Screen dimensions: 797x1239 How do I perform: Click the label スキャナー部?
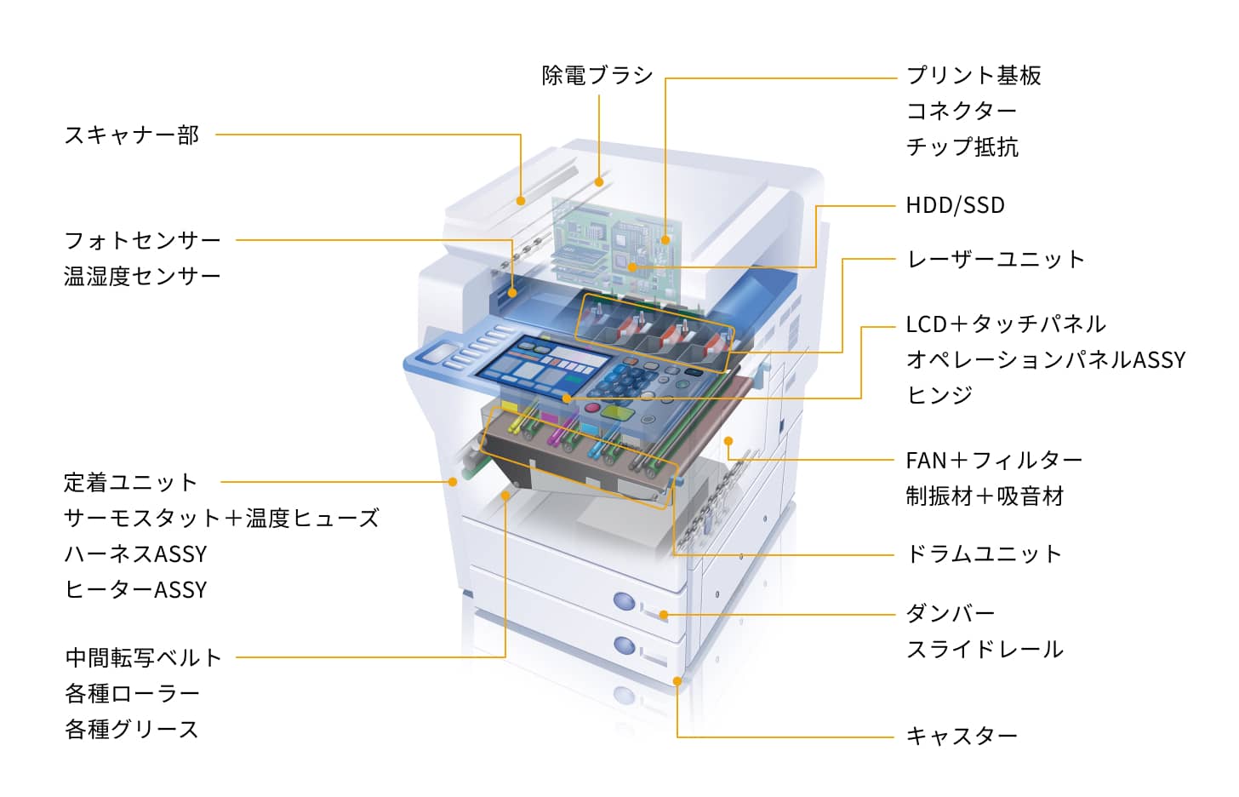pos(131,135)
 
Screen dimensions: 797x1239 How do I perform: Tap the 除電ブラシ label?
pos(597,75)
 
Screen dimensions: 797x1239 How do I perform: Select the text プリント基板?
pos(973,75)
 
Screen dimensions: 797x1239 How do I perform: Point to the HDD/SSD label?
pos(955,205)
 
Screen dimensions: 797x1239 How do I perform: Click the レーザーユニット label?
pos(995,259)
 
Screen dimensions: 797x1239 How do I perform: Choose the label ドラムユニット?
pos(984,553)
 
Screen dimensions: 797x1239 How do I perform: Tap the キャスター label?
pos(961,736)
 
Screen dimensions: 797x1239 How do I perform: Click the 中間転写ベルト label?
pos(143,657)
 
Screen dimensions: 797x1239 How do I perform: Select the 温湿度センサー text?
pos(142,276)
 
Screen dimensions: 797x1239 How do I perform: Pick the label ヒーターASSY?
pos(135,589)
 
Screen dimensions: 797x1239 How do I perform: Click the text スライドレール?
pos(985,649)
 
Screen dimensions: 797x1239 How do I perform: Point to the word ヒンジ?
pos(939,395)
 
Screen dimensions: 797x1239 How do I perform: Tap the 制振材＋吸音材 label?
pos(985,496)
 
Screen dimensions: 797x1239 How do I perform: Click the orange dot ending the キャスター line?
pos(677,680)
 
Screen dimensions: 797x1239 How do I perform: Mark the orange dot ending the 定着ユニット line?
pos(453,482)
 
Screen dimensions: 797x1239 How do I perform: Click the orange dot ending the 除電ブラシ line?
pos(599,181)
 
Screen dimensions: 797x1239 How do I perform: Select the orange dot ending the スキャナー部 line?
pos(521,201)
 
